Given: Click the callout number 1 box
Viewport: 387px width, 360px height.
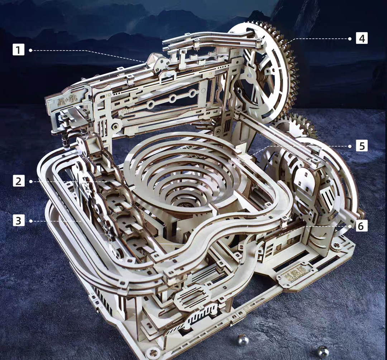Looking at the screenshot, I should (19, 50).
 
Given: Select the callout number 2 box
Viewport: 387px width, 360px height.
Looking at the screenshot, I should (19, 181).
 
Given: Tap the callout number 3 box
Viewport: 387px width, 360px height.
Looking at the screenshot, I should (19, 220).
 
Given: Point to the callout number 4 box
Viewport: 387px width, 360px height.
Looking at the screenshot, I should (362, 38).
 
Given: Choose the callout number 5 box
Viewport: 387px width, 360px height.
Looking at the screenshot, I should (362, 146).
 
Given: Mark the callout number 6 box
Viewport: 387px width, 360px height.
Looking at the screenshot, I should (362, 226).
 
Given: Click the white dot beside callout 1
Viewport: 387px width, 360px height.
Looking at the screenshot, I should (31, 50).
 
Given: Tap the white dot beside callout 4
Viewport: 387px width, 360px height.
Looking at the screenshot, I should (350, 38).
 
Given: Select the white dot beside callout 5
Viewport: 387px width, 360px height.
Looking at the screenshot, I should (350, 146).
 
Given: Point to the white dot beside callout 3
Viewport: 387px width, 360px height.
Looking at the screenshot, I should (31, 221).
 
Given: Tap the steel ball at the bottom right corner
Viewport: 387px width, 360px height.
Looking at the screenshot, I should (322, 351).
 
